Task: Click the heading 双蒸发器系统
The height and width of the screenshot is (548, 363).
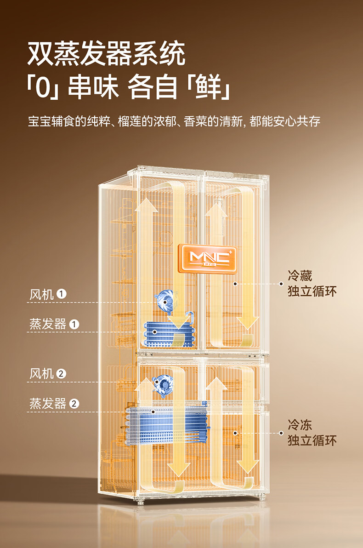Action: click(106, 54)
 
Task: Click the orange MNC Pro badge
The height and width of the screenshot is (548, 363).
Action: click(210, 258)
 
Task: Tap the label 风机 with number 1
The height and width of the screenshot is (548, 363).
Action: click(42, 294)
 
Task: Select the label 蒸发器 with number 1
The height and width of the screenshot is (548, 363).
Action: click(48, 324)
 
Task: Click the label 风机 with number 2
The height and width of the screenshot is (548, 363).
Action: click(42, 373)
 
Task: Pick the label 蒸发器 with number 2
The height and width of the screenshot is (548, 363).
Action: click(48, 404)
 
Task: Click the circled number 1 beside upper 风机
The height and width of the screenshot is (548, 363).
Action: click(62, 294)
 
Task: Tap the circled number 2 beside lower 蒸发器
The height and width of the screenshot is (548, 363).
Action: click(74, 404)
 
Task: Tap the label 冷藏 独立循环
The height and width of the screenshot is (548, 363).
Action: click(312, 284)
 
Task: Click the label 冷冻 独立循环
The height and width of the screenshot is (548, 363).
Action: click(312, 433)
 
